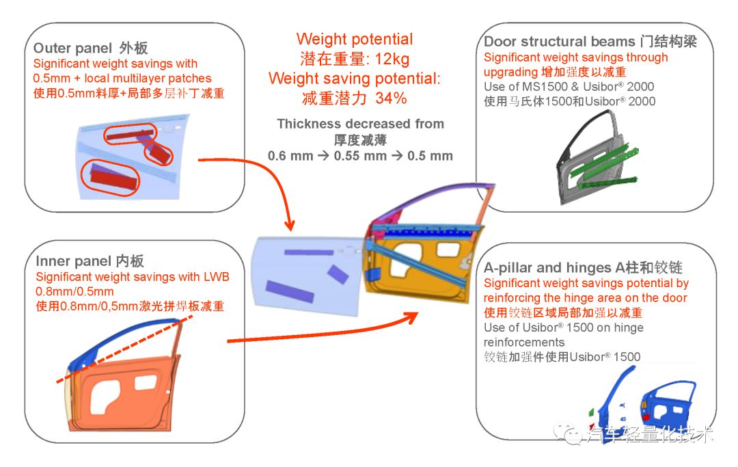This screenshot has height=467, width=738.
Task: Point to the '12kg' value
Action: click(x=392, y=59)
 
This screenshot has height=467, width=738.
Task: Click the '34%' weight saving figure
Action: click(x=391, y=98)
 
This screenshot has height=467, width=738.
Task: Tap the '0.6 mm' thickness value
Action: click(x=290, y=156)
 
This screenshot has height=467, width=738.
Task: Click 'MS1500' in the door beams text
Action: click(x=547, y=87)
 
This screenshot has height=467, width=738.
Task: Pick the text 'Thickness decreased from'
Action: click(x=361, y=124)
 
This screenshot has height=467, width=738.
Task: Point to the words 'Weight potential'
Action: click(x=355, y=38)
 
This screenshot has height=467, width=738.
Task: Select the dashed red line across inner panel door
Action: click(x=125, y=349)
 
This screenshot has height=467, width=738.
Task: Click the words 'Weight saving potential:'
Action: click(x=355, y=78)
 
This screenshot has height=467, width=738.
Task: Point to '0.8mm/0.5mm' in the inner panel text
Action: click(x=75, y=291)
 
